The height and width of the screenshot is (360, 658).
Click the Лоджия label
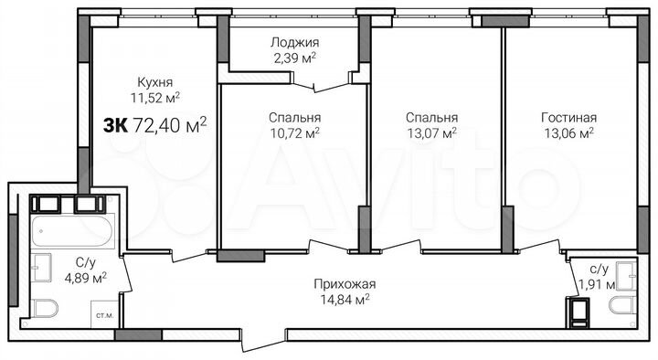tap(293, 42)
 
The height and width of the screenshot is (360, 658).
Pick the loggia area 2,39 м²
tap(293, 57)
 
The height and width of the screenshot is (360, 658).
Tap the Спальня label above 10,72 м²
tap(294, 118)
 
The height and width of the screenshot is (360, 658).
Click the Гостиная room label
tap(568, 118)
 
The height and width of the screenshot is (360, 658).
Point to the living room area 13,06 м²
tap(568, 132)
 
